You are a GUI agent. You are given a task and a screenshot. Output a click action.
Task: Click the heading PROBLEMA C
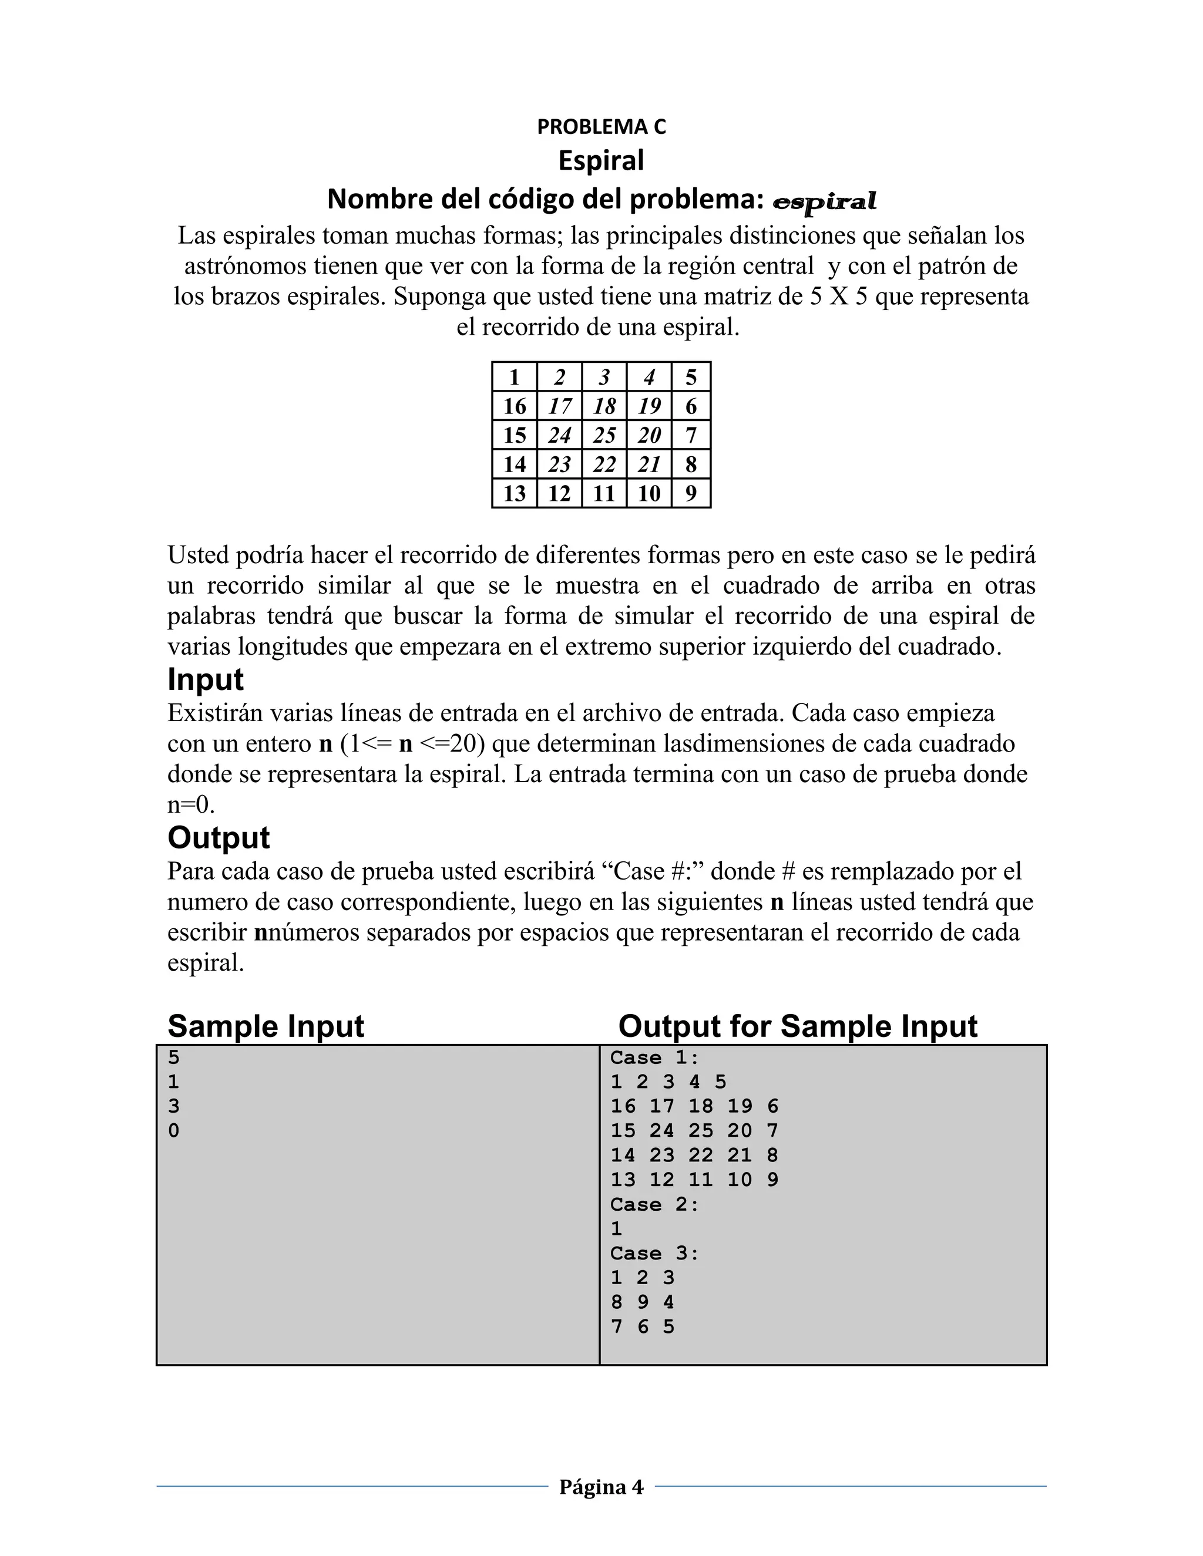point(601,126)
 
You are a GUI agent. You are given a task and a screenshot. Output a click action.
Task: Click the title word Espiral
point(601,160)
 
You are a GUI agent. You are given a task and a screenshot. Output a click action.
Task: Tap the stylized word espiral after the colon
point(825,201)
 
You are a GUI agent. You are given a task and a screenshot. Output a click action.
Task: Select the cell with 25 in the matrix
point(604,435)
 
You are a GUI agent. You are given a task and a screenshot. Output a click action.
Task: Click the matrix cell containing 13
point(514,493)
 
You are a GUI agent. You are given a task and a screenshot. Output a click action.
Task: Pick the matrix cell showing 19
point(648,406)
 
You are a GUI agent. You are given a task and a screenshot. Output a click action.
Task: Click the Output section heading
point(218,837)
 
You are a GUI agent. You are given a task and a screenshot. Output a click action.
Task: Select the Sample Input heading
point(265,1026)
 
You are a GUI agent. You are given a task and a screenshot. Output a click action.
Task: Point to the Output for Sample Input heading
point(798,1026)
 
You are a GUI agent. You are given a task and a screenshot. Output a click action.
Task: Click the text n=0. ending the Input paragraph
point(191,805)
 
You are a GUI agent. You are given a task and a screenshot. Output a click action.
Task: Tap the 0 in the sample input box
point(174,1131)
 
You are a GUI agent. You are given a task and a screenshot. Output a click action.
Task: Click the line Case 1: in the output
point(655,1057)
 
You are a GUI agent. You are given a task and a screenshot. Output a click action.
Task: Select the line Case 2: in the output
point(655,1204)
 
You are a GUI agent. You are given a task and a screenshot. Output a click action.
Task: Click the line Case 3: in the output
point(655,1253)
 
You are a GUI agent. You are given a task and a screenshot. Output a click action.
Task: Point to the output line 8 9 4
point(642,1302)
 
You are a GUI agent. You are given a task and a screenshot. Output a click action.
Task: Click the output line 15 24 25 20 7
point(694,1131)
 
